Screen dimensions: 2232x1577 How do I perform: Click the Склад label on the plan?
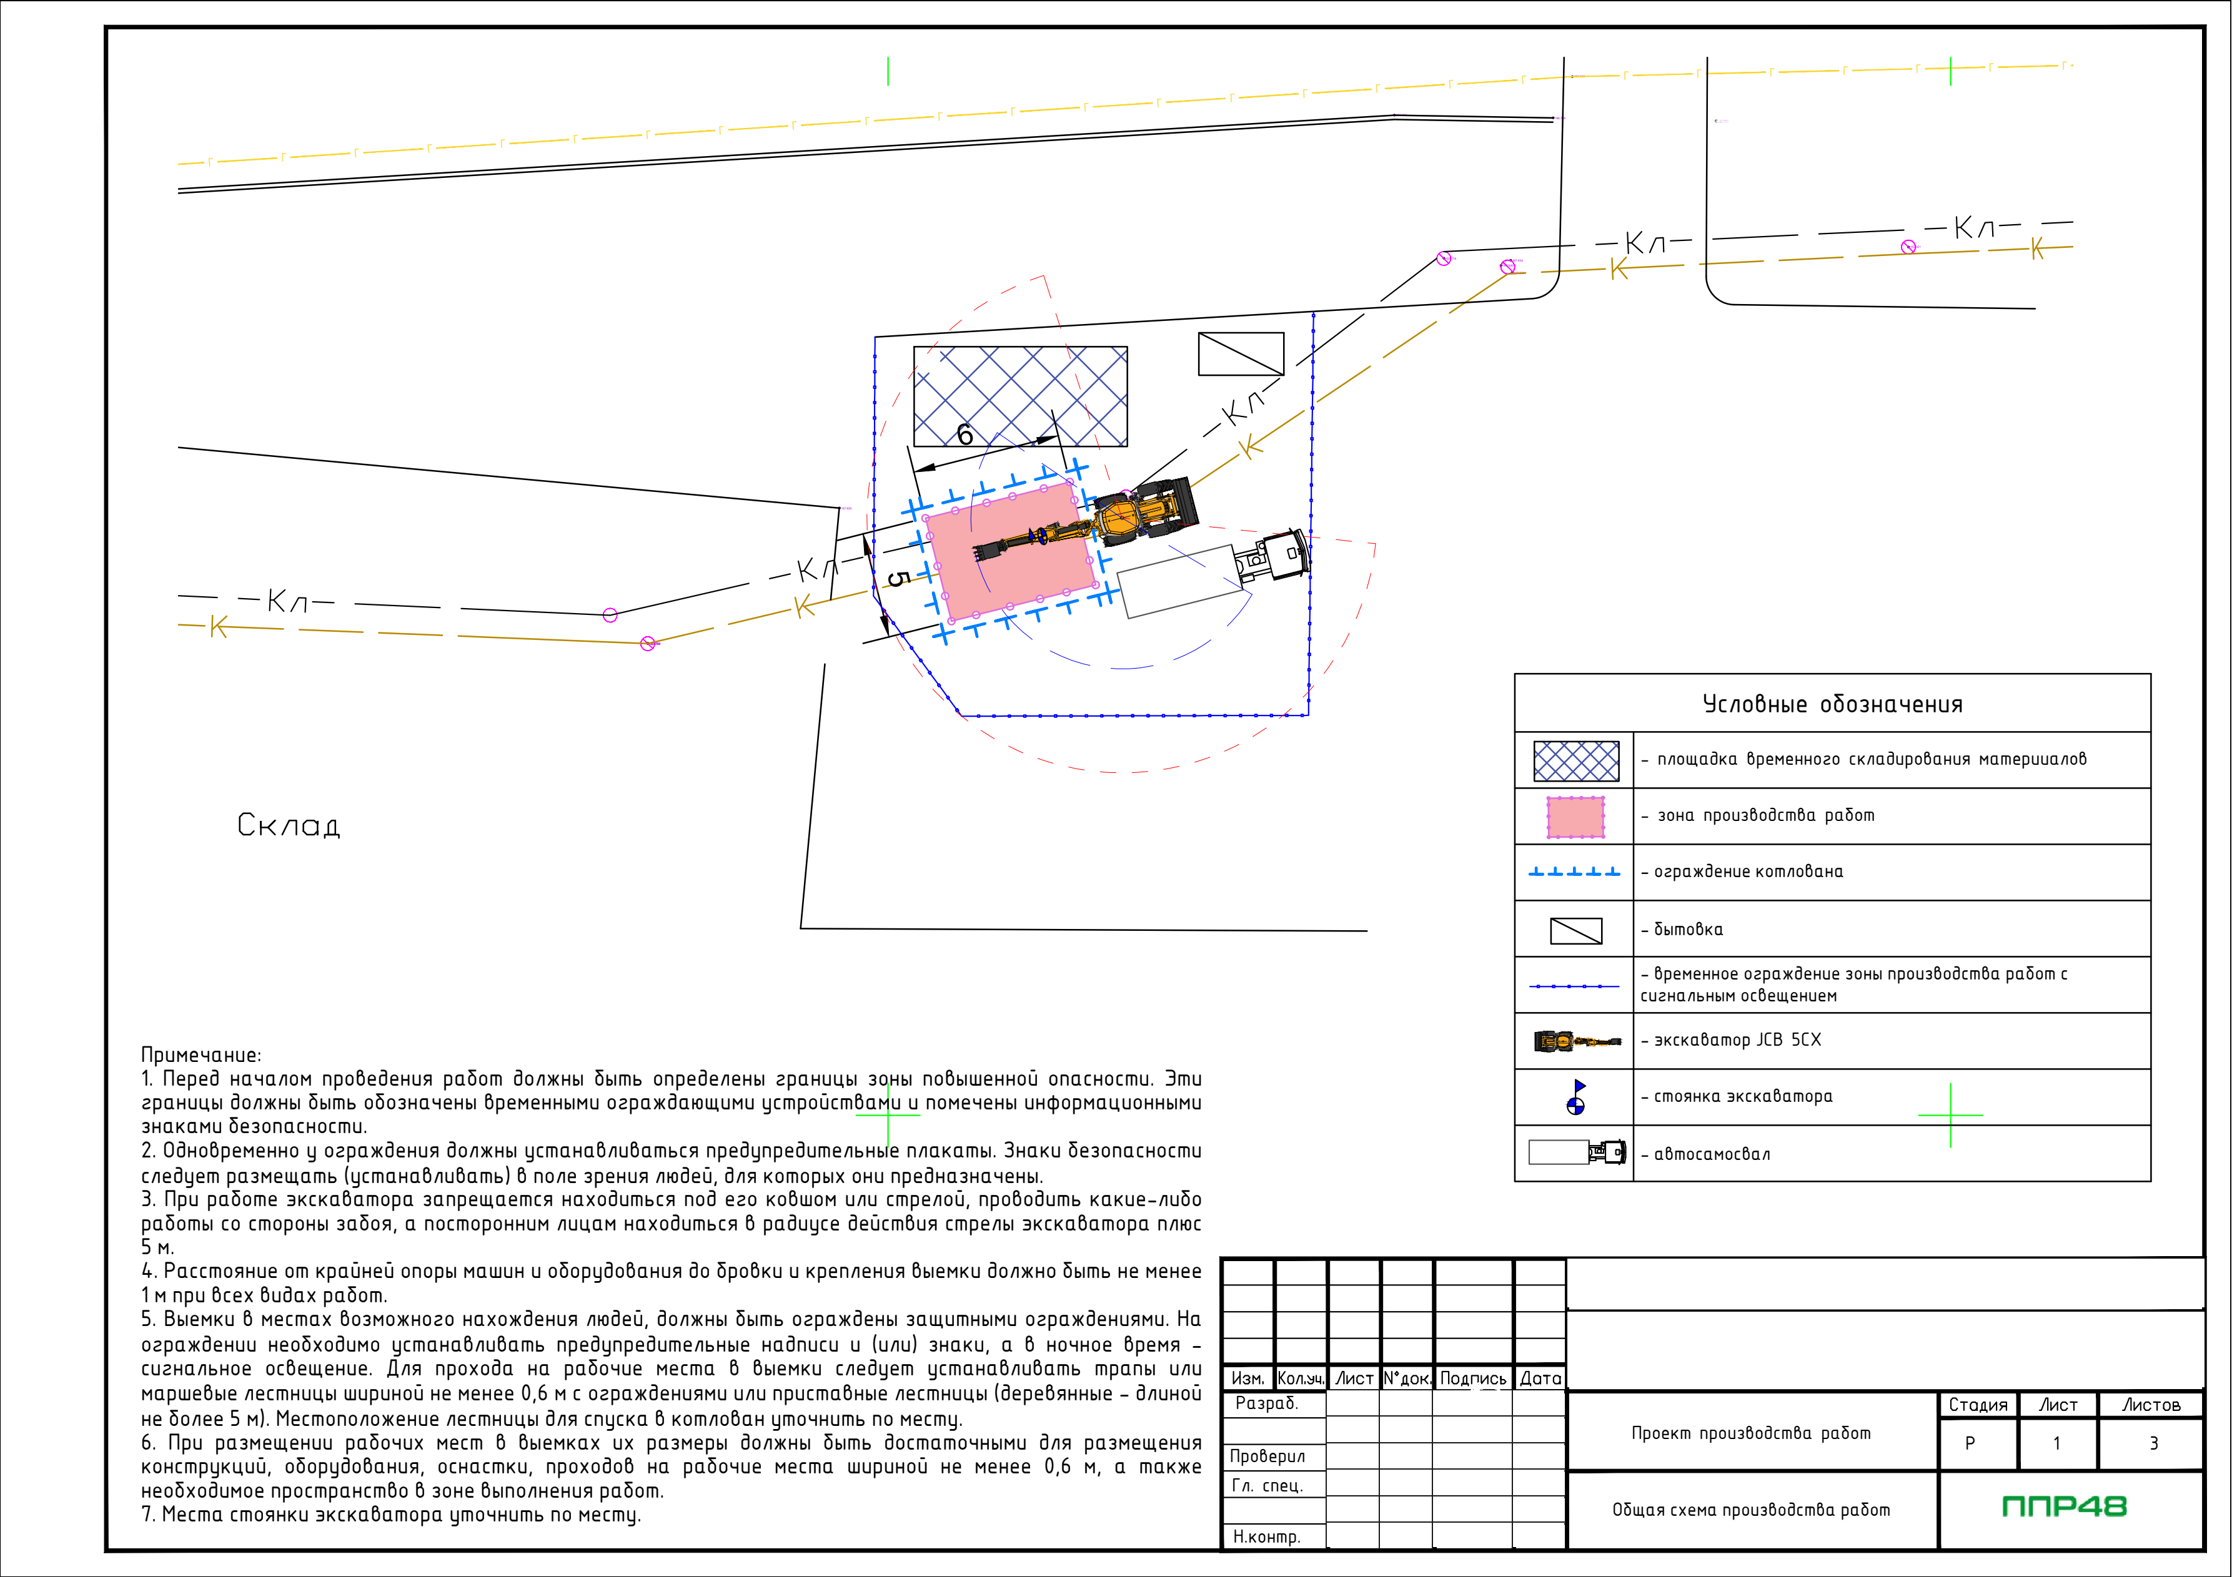tap(289, 825)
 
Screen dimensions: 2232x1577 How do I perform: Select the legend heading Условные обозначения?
tap(1832, 704)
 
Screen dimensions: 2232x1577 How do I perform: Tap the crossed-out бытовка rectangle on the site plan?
tap(1241, 354)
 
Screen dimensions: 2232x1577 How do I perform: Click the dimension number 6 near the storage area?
tap(965, 435)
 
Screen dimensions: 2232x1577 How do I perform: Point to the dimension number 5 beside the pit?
tap(899, 579)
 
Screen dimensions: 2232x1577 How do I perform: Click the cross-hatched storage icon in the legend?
tap(1576, 761)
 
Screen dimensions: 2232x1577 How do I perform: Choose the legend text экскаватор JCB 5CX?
tap(1737, 1039)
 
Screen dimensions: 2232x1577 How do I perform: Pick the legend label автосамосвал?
tap(1712, 1154)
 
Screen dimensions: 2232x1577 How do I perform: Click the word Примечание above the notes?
tap(201, 1055)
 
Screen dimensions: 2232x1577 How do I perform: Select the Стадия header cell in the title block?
tap(1977, 1405)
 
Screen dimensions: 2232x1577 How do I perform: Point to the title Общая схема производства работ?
tap(1751, 1510)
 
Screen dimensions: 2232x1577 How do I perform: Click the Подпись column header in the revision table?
tap(1473, 1378)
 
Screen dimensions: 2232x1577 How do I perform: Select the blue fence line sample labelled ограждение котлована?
tap(1575, 873)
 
